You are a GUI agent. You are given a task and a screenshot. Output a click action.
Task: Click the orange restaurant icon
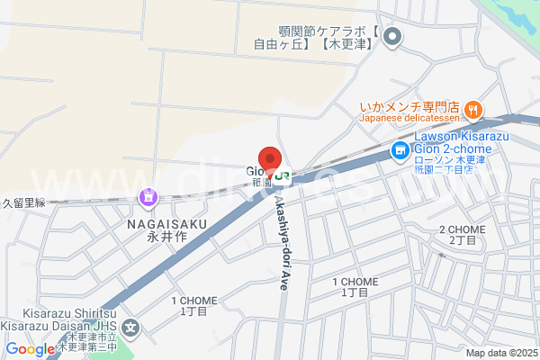click(473, 110)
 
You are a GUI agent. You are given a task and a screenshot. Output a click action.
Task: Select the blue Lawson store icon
click(399, 152)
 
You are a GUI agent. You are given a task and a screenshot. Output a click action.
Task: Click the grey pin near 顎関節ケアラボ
click(391, 37)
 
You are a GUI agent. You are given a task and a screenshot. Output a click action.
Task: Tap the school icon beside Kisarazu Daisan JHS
click(132, 329)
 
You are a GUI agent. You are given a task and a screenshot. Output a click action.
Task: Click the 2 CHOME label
click(461, 229)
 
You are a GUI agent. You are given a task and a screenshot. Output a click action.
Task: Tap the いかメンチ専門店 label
click(409, 105)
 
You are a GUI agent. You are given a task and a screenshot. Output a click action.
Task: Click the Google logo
click(30, 349)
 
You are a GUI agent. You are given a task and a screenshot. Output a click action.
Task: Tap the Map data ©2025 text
click(500, 353)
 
